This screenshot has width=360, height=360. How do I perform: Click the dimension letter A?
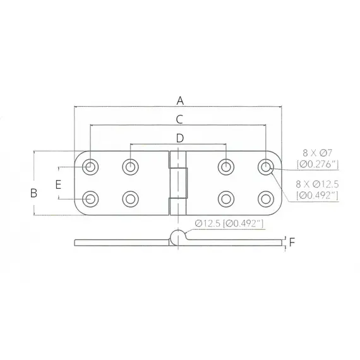tap(180, 100)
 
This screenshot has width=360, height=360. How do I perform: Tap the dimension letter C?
tap(179, 119)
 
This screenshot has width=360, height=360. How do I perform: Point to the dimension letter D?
tap(179, 137)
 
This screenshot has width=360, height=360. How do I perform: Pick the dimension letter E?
tap(57, 184)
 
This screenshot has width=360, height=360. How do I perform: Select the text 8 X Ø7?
tap(317, 153)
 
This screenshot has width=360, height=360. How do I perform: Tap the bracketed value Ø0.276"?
tap(319, 165)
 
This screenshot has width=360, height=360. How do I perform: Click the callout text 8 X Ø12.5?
tap(320, 183)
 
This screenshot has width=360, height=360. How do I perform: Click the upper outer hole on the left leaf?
tap(91, 167)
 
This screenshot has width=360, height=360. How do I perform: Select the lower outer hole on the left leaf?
tap(91, 199)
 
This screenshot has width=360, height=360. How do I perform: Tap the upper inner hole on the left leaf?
tap(130, 167)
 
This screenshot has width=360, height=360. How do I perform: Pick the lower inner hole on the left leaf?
tap(130, 199)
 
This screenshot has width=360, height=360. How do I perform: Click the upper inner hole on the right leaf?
tap(225, 167)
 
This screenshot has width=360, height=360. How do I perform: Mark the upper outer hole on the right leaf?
tap(265, 167)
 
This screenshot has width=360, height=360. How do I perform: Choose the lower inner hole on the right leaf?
tap(225, 199)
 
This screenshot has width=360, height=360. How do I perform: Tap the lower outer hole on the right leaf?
tap(265, 199)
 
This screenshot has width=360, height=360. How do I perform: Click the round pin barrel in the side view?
tap(179, 237)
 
